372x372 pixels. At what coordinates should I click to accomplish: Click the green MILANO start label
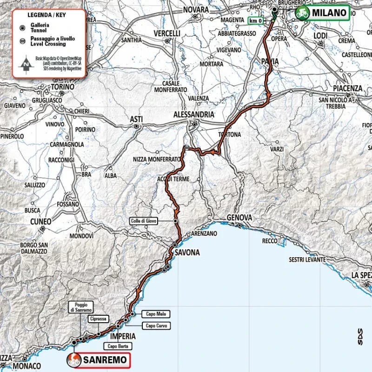pyautogui.click(x=322, y=13)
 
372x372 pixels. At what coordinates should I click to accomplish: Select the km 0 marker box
pyautogui.click(x=254, y=20)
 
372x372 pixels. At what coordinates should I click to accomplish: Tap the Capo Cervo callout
pyautogui.click(x=156, y=326)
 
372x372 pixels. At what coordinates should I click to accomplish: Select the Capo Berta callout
pyautogui.click(x=117, y=346)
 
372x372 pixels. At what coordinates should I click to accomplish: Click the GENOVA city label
pyautogui.click(x=239, y=218)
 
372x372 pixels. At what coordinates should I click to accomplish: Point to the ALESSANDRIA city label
pyautogui.click(x=193, y=114)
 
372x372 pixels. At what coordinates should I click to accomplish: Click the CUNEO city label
pyautogui.click(x=40, y=222)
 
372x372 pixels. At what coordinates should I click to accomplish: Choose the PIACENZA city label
pyautogui.click(x=347, y=88)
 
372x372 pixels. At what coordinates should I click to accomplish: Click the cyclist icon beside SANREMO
pyautogui.click(x=74, y=359)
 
